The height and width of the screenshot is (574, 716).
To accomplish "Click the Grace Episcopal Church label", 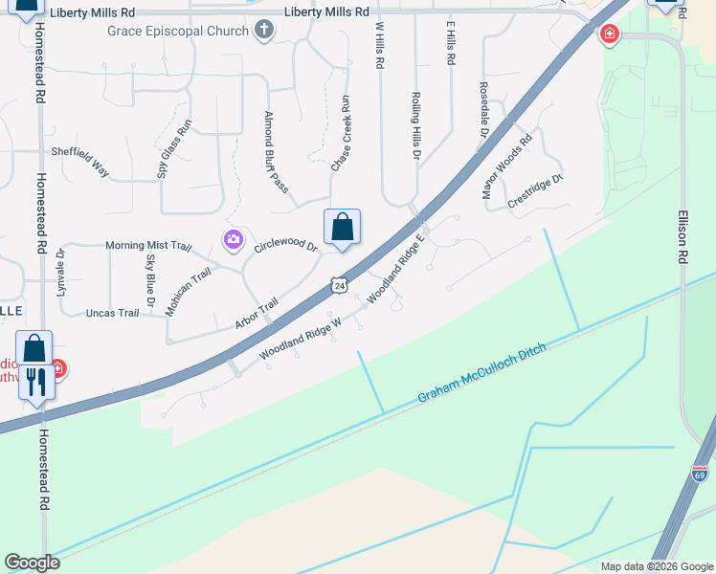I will pos(178,30).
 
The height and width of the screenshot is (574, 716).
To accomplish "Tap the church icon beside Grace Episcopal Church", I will pos(264,30).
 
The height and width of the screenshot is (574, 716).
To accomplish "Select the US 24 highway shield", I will pos(339,285).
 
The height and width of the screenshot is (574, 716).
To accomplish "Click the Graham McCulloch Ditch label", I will pos(481,374).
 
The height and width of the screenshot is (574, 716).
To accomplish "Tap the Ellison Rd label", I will pos(682,237).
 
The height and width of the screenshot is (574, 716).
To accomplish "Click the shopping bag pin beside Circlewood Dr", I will pos(342,229).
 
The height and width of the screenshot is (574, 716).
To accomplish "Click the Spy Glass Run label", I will pos(175,148).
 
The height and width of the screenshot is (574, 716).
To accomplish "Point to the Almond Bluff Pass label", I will pos(276,151).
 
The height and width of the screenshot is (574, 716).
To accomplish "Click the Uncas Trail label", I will pos(112,313).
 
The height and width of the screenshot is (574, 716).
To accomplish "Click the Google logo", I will pos(32,563).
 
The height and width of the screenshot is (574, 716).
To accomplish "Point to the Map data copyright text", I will pos(656,566).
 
